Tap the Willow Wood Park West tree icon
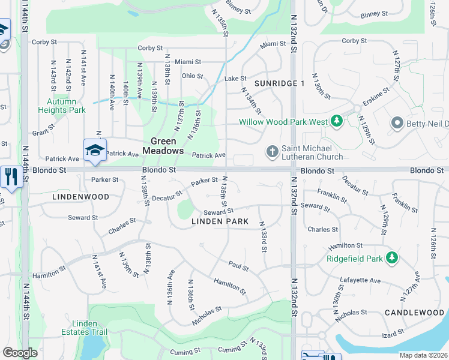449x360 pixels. (x=337, y=121)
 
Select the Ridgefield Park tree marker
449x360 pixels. (x=392, y=258)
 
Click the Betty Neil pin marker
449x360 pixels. (x=396, y=124)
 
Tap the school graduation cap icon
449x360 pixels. (x=95, y=149)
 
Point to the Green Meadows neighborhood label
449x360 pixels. (x=163, y=146)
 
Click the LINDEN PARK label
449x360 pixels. (x=220, y=221)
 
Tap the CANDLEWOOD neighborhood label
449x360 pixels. (x=414, y=313)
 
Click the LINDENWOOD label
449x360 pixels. (x=80, y=197)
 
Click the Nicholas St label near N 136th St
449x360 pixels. (x=207, y=314)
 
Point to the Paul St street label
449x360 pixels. (x=238, y=265)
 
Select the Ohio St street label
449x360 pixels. (x=193, y=76)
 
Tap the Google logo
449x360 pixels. (x=20, y=353)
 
